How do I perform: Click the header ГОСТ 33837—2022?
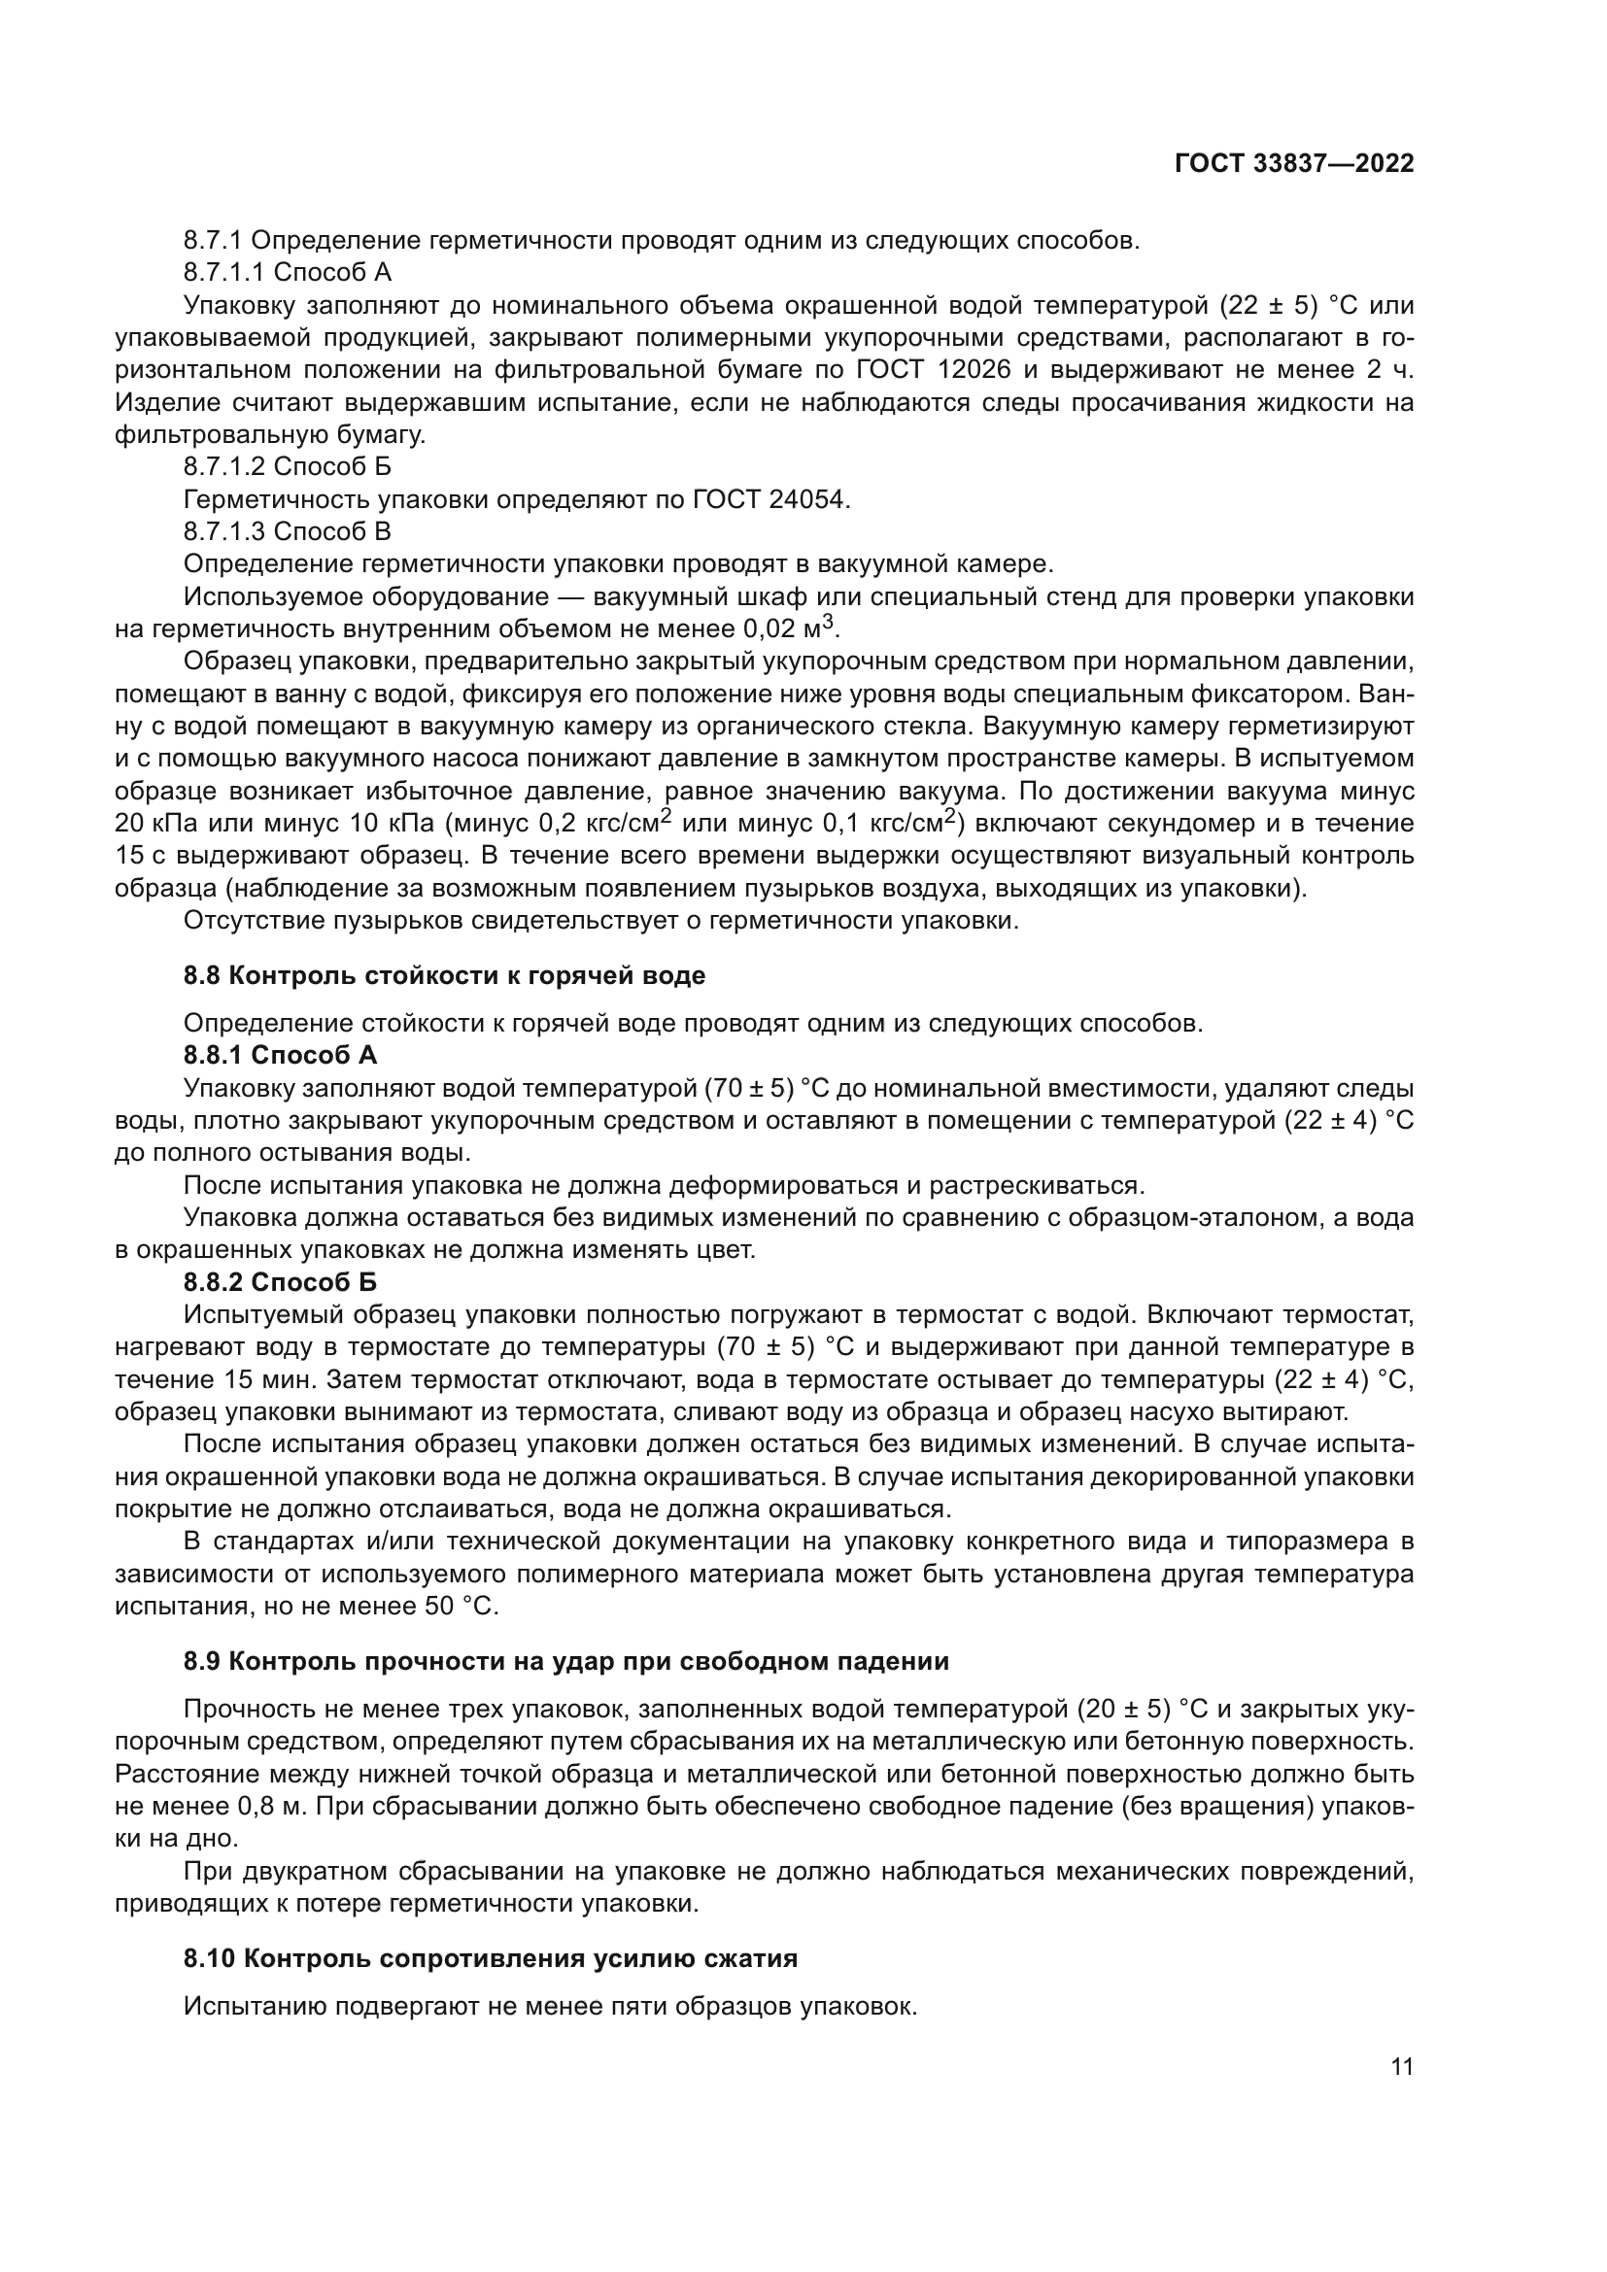pos(1293,164)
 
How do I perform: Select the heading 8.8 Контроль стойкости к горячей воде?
pos(444,975)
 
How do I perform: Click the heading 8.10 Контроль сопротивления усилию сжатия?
pos(490,1957)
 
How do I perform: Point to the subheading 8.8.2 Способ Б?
pos(280,1282)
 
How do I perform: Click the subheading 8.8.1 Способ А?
pos(280,1055)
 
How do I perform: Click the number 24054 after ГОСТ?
pos(807,499)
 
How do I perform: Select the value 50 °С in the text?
pos(459,1606)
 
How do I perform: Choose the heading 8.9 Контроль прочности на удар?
pos(566,1660)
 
